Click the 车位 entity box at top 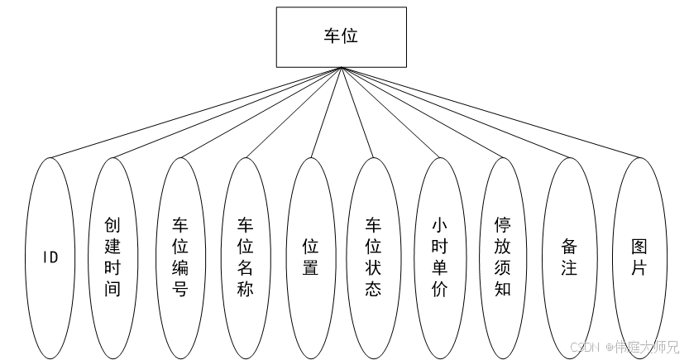tap(341, 37)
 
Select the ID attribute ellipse tap(50, 257)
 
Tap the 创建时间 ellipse tap(112, 257)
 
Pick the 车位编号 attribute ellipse tap(179, 257)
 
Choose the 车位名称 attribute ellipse tap(245, 257)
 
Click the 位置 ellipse tap(310, 257)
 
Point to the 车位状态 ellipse tap(374, 257)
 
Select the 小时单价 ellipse tap(439, 257)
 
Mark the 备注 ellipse tap(568, 257)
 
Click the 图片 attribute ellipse tap(638, 257)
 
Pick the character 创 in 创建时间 tap(112, 224)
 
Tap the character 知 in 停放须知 tap(502, 290)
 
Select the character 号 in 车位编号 tap(179, 290)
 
